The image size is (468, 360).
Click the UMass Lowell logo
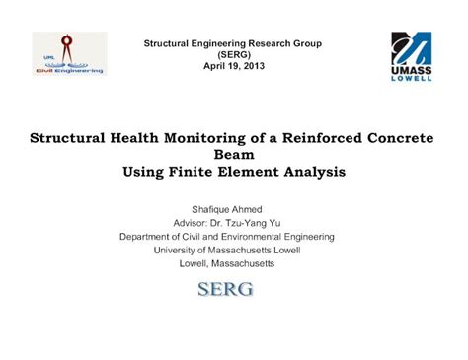(411, 56)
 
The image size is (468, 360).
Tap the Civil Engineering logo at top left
(68, 53)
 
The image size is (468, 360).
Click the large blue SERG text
(226, 289)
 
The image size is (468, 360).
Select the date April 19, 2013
(233, 66)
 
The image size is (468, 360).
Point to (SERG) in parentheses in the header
(233, 55)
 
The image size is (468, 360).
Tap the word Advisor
(193, 223)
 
